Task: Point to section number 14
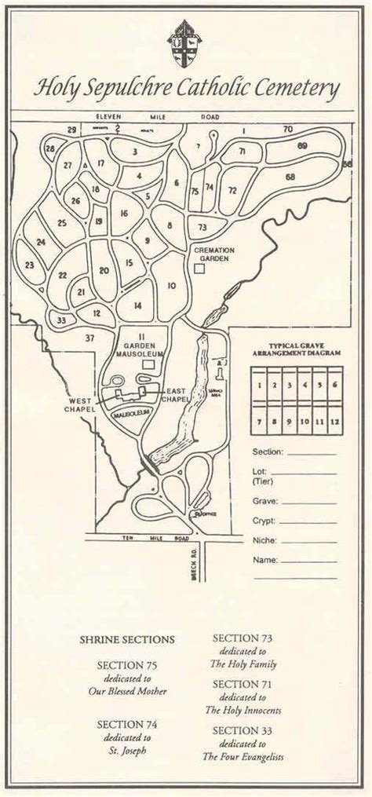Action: pos(138,305)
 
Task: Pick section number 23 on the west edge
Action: pos(29,265)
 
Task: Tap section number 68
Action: pos(290,177)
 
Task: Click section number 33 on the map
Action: pos(61,319)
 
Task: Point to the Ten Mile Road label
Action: pos(149,539)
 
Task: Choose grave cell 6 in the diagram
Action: pos(335,385)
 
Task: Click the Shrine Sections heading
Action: pos(127,640)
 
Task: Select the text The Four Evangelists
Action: pos(243,757)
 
